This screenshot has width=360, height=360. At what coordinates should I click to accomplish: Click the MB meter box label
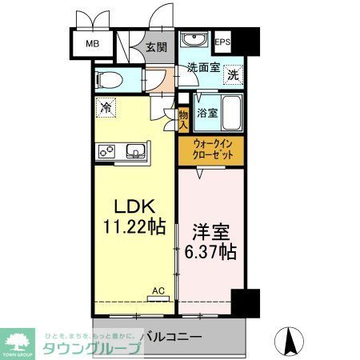(x=92, y=44)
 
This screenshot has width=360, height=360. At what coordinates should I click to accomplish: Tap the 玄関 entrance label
(x=155, y=46)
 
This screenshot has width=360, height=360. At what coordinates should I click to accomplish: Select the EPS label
(x=222, y=42)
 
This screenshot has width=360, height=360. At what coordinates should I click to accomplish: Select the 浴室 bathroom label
(x=206, y=113)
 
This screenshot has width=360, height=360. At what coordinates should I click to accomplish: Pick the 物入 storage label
(x=183, y=119)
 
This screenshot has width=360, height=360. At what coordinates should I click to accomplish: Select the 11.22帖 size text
(x=133, y=227)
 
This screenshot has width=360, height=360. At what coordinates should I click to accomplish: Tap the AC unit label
(x=159, y=292)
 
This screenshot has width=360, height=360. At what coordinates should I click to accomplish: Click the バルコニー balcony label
(x=171, y=337)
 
